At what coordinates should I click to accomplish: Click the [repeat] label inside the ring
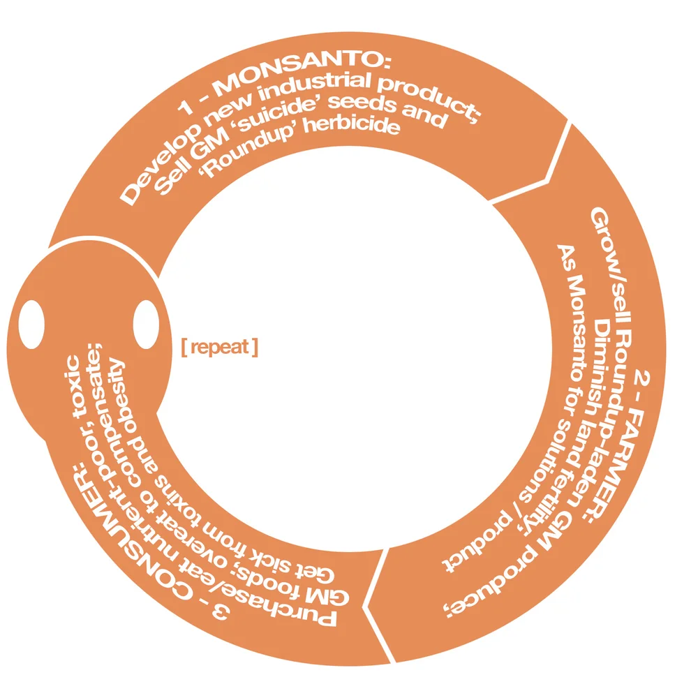pos(220,346)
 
